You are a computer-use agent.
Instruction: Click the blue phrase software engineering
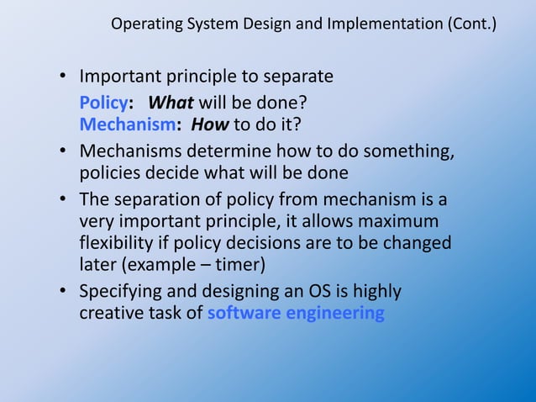click(x=296, y=314)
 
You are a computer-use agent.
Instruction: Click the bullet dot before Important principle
click(x=63, y=77)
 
